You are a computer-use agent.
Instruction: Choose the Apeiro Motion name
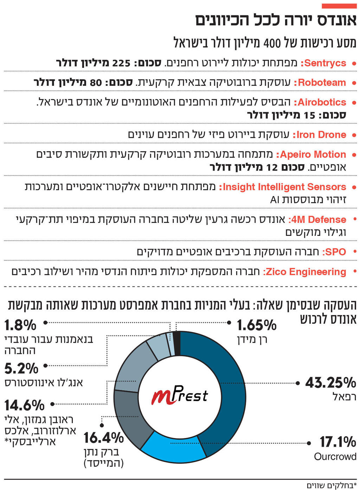coord(311,155)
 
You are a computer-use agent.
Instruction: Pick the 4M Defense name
coord(317,220)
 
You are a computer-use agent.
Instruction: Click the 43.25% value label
coord(330,382)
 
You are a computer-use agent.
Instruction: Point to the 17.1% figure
coord(337,442)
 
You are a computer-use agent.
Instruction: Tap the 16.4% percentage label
coord(103,438)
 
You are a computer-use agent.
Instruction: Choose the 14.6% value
coord(24,405)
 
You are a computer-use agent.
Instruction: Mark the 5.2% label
coord(21,368)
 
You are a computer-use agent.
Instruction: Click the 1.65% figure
coord(256,325)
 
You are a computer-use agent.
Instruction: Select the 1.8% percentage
coord(20,325)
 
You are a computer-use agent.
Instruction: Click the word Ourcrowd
coord(335,457)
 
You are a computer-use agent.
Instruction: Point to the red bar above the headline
coord(339,6)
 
